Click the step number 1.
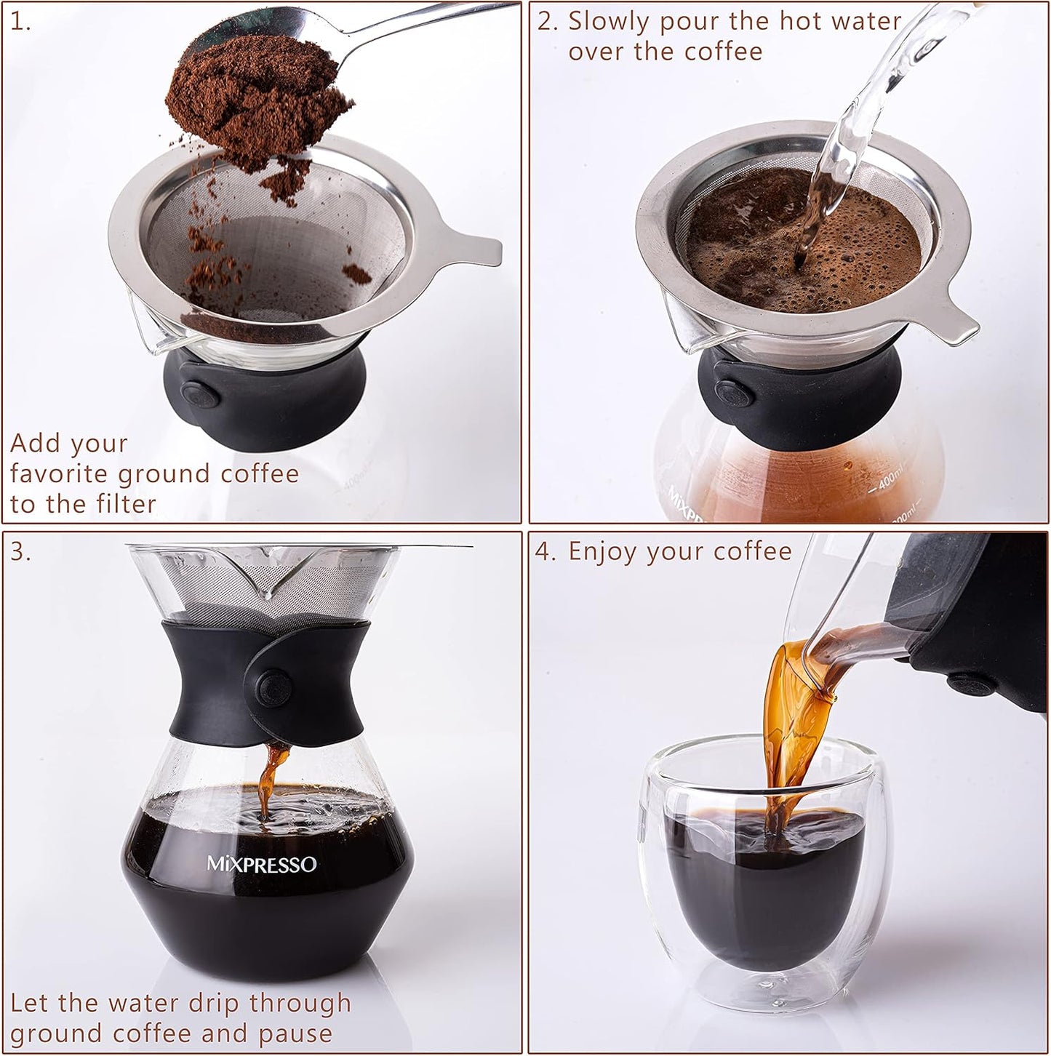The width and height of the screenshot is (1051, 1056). click(20, 23)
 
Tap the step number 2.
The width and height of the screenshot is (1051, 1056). click(547, 23)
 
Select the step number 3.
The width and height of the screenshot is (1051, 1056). click(20, 552)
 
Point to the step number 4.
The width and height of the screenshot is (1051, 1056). click(546, 552)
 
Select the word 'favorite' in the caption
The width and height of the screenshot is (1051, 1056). click(60, 474)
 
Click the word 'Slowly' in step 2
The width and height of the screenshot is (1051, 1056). click(607, 22)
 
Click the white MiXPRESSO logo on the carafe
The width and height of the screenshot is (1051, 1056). click(262, 865)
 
